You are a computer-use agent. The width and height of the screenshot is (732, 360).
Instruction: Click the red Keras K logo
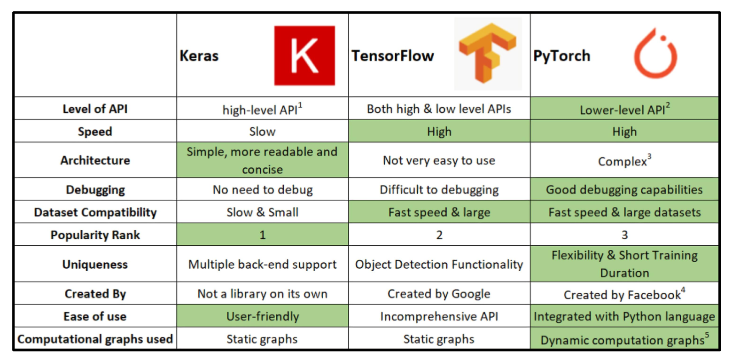(x=304, y=55)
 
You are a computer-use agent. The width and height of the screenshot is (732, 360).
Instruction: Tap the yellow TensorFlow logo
(x=488, y=53)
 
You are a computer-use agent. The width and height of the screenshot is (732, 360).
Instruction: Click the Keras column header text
(x=199, y=55)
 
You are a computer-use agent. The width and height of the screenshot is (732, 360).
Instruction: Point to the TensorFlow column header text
(x=392, y=55)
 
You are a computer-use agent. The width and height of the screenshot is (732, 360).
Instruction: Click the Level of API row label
(x=95, y=109)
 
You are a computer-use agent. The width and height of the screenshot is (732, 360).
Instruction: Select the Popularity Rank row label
(x=95, y=235)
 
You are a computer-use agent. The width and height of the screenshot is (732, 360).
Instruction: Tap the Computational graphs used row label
(x=95, y=339)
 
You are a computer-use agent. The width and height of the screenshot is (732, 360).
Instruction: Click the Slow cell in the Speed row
(x=263, y=132)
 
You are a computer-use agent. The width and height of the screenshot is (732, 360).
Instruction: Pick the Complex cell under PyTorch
(x=624, y=161)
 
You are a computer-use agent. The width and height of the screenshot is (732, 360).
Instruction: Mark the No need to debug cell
(x=263, y=190)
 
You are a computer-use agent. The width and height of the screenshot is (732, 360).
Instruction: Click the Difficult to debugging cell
(x=439, y=190)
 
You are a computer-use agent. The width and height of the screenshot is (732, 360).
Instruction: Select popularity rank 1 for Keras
(x=263, y=235)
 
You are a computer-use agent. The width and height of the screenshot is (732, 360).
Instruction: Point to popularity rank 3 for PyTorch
(x=624, y=235)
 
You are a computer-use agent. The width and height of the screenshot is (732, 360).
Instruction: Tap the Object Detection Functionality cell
(x=439, y=264)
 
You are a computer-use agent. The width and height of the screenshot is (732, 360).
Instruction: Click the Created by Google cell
(x=439, y=294)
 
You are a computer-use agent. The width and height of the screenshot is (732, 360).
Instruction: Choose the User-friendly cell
(x=263, y=316)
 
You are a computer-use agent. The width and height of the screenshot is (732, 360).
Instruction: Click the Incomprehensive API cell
(x=439, y=316)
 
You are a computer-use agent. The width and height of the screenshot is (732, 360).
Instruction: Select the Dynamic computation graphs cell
(x=624, y=339)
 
